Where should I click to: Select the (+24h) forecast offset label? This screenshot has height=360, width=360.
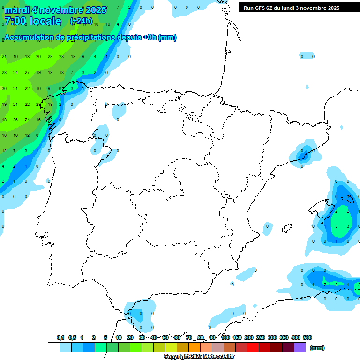pyautogui.click(x=81, y=21)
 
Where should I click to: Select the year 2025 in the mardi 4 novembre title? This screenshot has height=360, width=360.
pyautogui.click(x=96, y=10)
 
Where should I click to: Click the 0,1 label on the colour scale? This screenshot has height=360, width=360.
pyautogui.click(x=60, y=337)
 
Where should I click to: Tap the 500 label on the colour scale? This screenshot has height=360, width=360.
pyautogui.click(x=307, y=337)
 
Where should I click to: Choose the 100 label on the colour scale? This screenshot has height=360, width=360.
pyautogui.click(x=225, y=337)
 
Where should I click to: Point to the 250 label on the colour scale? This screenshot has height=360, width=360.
pyautogui.click(x=260, y=337)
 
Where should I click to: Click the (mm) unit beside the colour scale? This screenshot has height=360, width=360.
pyautogui.click(x=317, y=348)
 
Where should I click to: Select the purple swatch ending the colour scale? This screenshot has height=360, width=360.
pyautogui.click(x=300, y=347)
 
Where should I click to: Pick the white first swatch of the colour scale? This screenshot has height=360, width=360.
pyautogui.click(x=54, y=347)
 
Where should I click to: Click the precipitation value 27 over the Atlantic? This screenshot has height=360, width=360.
pyautogui.click(x=27, y=73)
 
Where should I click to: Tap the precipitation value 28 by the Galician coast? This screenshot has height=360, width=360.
pyautogui.click(x=39, y=104)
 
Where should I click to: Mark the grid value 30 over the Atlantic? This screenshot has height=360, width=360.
pyautogui.click(x=4, y=88)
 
